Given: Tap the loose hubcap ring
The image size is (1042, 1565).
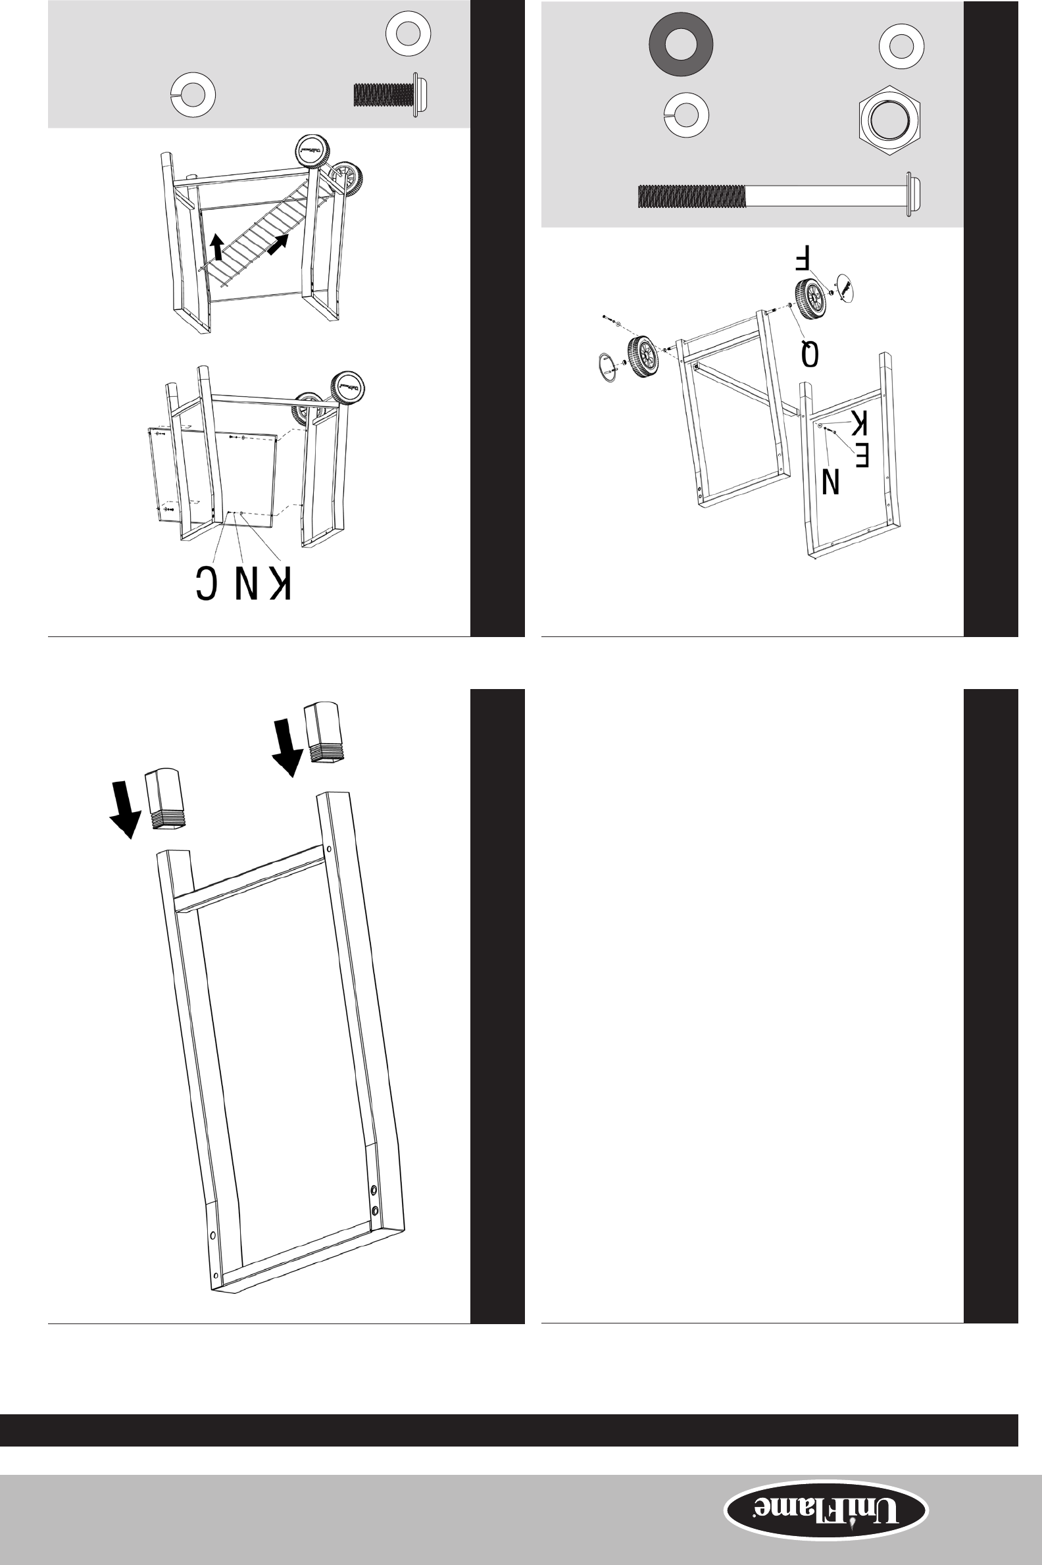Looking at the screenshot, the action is [607, 367].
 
